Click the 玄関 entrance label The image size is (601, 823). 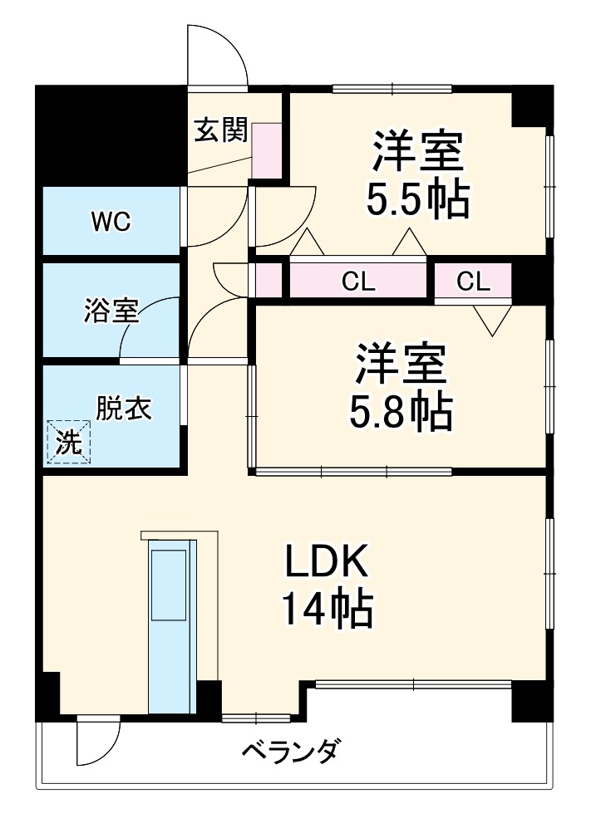pos(222,130)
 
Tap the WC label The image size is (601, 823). pos(111,222)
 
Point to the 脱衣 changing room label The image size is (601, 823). pos(124,409)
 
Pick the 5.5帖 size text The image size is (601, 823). pos(417,198)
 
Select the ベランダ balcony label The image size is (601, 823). pos(291,752)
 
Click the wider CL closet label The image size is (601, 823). pos(358,282)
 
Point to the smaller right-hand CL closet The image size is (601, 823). pos(473,282)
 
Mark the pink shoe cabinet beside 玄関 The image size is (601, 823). pos(267,150)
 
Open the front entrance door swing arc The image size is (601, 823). pos(218,55)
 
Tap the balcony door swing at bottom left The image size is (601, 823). pos(97,742)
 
